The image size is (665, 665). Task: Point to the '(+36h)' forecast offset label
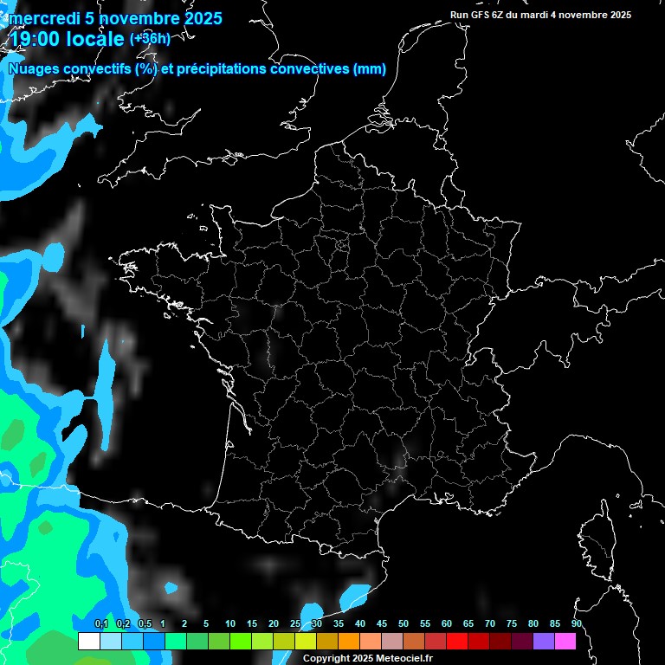(150, 38)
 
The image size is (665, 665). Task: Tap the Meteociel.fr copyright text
(367, 658)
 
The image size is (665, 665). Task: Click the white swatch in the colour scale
(88, 642)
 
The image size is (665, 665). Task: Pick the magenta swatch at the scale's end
(565, 642)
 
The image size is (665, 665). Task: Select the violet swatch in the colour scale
(543, 642)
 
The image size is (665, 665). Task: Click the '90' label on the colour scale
(576, 623)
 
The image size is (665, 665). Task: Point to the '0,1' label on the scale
(100, 623)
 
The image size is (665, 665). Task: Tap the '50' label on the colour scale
(404, 623)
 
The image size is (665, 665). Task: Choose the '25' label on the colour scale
(295, 623)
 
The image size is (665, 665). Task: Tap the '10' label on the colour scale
(230, 623)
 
